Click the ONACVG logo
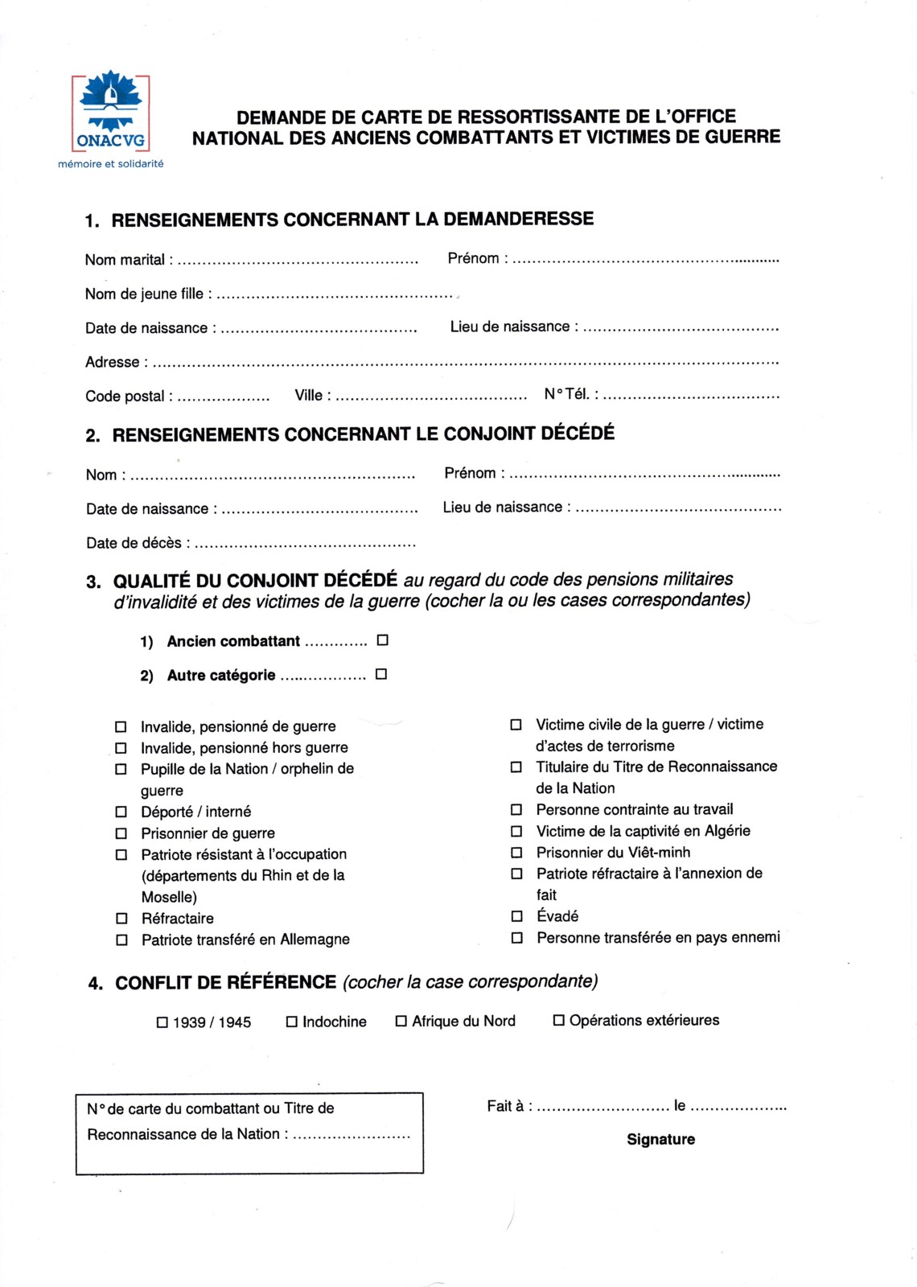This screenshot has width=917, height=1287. pos(111,113)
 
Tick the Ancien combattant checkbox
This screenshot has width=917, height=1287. pos(383,640)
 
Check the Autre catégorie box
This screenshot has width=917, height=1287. pos(381,674)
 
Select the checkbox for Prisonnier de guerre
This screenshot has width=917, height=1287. pos(121,833)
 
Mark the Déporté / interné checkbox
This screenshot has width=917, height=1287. pos(121,812)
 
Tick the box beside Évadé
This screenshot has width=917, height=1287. pos(517,916)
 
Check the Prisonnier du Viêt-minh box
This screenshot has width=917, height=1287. pos(517,853)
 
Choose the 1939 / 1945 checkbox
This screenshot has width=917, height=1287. pos(162,1022)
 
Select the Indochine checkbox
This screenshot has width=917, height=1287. pos(292,1022)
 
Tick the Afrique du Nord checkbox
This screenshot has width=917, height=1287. pos(401,1021)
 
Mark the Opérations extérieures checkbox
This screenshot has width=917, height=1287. pos(559,1020)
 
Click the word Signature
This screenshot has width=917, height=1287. pos(660,1139)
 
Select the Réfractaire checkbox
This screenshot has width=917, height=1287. pos(122,918)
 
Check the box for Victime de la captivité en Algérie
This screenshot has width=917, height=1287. pos(517,831)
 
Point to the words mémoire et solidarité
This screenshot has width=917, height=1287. pos(111,164)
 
